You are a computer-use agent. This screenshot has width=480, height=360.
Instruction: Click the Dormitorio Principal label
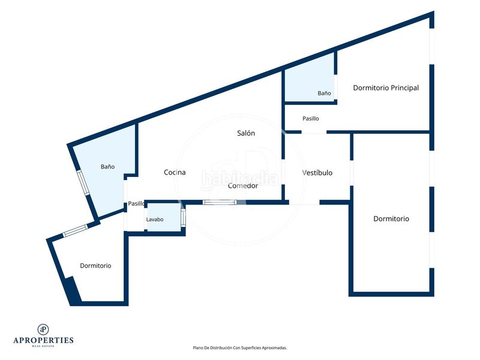[x=386, y=88]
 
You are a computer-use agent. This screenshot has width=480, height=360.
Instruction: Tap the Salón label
[x=246, y=133]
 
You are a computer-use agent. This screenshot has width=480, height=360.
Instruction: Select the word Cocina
[x=175, y=172]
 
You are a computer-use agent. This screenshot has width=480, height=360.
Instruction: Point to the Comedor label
[x=243, y=185]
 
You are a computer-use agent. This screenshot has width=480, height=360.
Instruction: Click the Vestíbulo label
[x=317, y=173]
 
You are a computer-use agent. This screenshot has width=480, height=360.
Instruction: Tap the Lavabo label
[x=155, y=220]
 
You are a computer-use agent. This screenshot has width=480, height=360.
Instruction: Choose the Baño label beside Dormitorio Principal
[x=324, y=93]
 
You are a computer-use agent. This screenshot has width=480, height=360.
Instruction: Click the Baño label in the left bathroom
[x=108, y=167]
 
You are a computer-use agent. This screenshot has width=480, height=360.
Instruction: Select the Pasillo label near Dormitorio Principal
[x=310, y=118]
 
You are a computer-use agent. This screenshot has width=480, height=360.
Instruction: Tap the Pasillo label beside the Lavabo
[x=136, y=203]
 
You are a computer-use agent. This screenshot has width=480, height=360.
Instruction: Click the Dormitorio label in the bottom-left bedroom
[x=95, y=266]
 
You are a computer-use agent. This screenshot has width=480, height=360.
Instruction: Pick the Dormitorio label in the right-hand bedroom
[x=391, y=218]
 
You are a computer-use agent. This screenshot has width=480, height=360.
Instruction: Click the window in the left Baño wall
[x=83, y=183]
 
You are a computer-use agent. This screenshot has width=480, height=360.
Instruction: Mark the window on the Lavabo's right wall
[x=183, y=217]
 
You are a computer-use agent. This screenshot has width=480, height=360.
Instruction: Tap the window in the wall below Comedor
[x=220, y=202]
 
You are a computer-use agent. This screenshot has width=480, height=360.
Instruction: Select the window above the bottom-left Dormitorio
[x=75, y=230]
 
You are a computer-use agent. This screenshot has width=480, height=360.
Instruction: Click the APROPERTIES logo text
[x=43, y=340]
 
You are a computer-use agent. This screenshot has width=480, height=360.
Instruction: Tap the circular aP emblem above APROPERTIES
[x=43, y=329]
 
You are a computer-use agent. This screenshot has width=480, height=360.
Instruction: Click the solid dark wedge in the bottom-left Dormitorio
[x=73, y=291]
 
